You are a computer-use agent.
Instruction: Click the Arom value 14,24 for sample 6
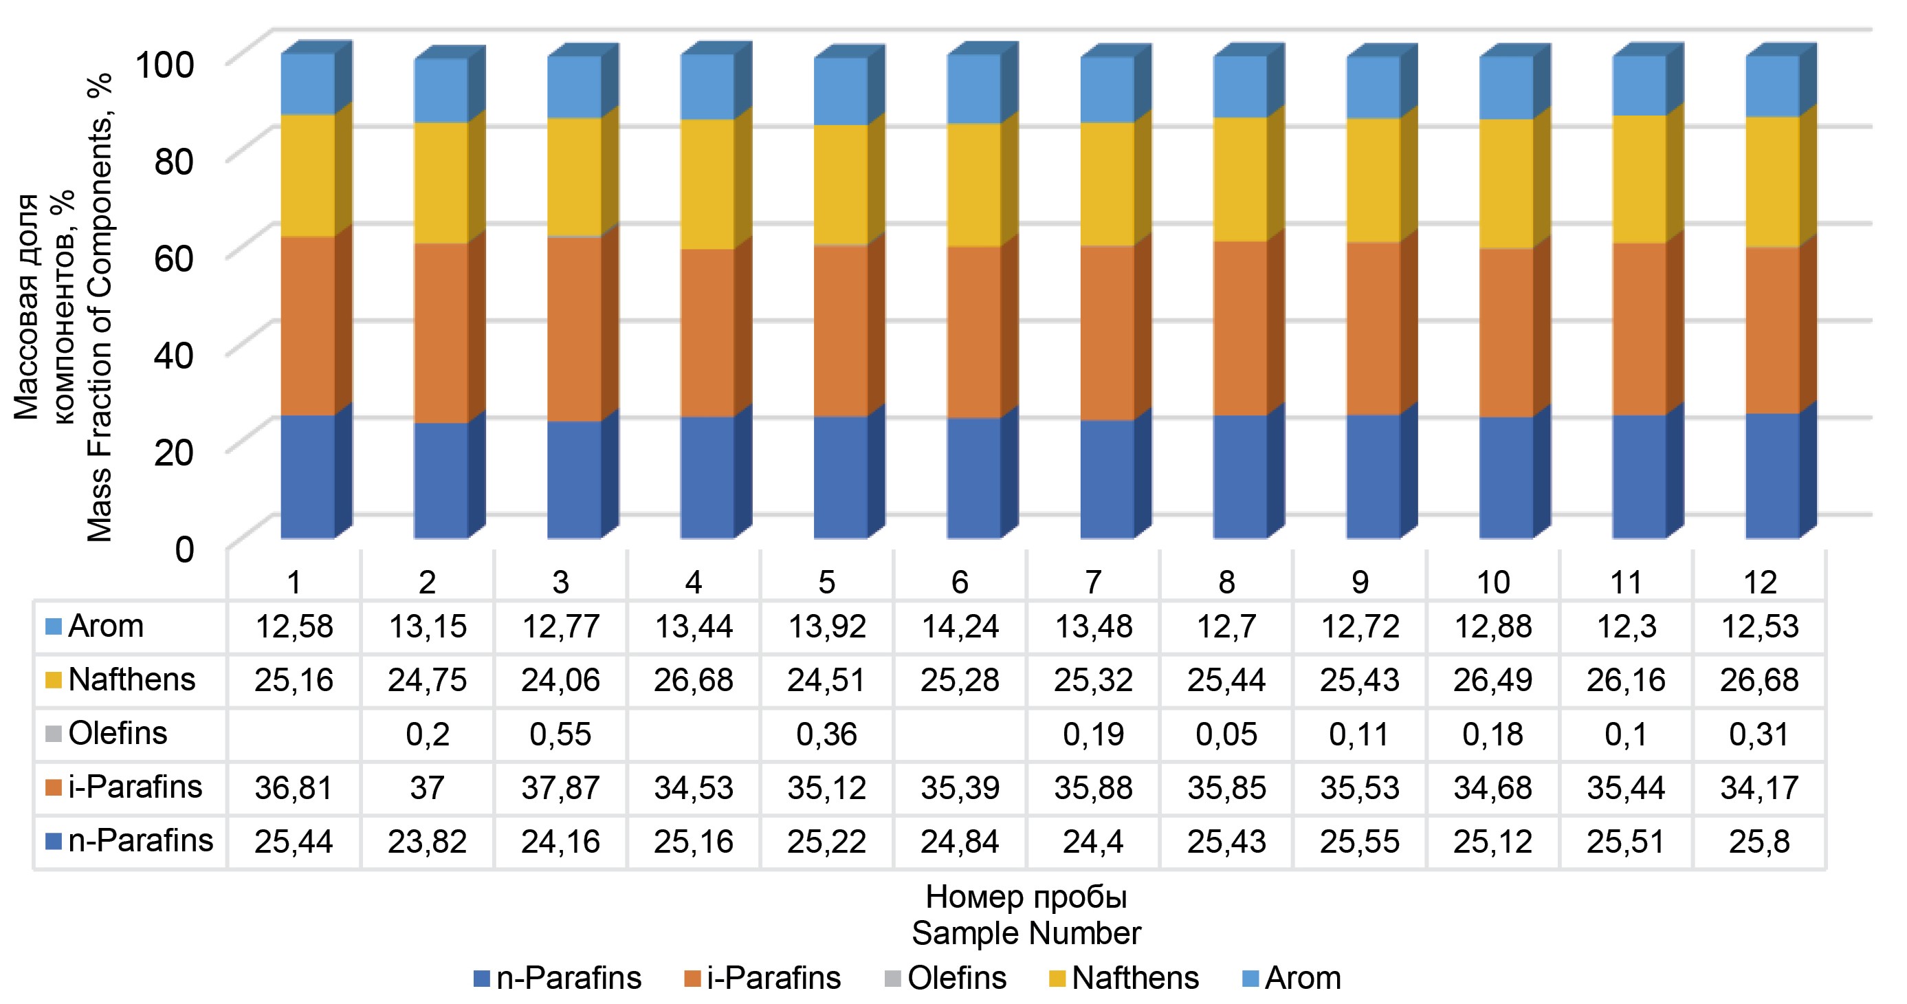960,627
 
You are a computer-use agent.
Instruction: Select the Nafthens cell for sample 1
294,680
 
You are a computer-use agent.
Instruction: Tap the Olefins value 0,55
560,734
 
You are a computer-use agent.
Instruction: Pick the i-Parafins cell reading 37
427,788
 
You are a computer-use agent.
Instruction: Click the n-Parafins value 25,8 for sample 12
1759,842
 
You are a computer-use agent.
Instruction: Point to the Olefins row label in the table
117,734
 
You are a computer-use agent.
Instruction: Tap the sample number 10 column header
1492,582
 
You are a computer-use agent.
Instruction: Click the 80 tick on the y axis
174,161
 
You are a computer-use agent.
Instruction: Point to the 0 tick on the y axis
184,550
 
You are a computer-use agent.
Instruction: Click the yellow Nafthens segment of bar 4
707,184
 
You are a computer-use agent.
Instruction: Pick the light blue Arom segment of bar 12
1772,86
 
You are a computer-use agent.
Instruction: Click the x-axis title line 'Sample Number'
1026,934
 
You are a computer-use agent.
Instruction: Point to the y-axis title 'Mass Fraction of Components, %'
100,307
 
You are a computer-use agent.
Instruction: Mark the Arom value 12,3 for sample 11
1626,627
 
